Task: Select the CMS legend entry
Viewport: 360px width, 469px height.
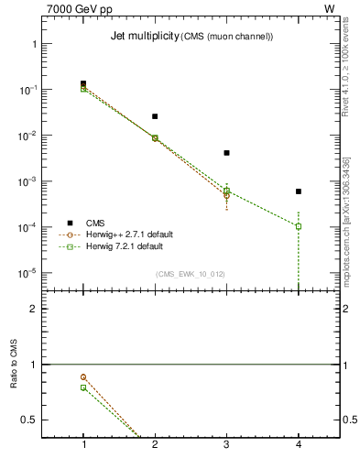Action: [94, 223]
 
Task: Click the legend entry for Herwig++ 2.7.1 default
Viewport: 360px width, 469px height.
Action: [124, 234]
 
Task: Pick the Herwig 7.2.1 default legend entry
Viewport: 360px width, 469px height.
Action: [124, 246]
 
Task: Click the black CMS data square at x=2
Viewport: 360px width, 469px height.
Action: [155, 116]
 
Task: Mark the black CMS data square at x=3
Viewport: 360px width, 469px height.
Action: [226, 153]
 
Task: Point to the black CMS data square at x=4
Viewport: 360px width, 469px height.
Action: [299, 191]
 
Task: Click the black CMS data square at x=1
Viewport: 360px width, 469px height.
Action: [83, 83]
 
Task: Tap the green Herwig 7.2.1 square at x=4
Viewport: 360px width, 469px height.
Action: [299, 226]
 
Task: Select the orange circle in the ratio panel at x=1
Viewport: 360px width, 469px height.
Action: [83, 376]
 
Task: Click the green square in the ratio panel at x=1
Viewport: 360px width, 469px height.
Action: [83, 387]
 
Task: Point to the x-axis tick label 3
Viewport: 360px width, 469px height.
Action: [226, 444]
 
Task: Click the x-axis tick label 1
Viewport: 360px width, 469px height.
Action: [83, 444]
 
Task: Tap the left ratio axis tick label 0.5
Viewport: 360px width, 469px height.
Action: [30, 420]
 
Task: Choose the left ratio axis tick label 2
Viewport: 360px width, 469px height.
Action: [34, 309]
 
